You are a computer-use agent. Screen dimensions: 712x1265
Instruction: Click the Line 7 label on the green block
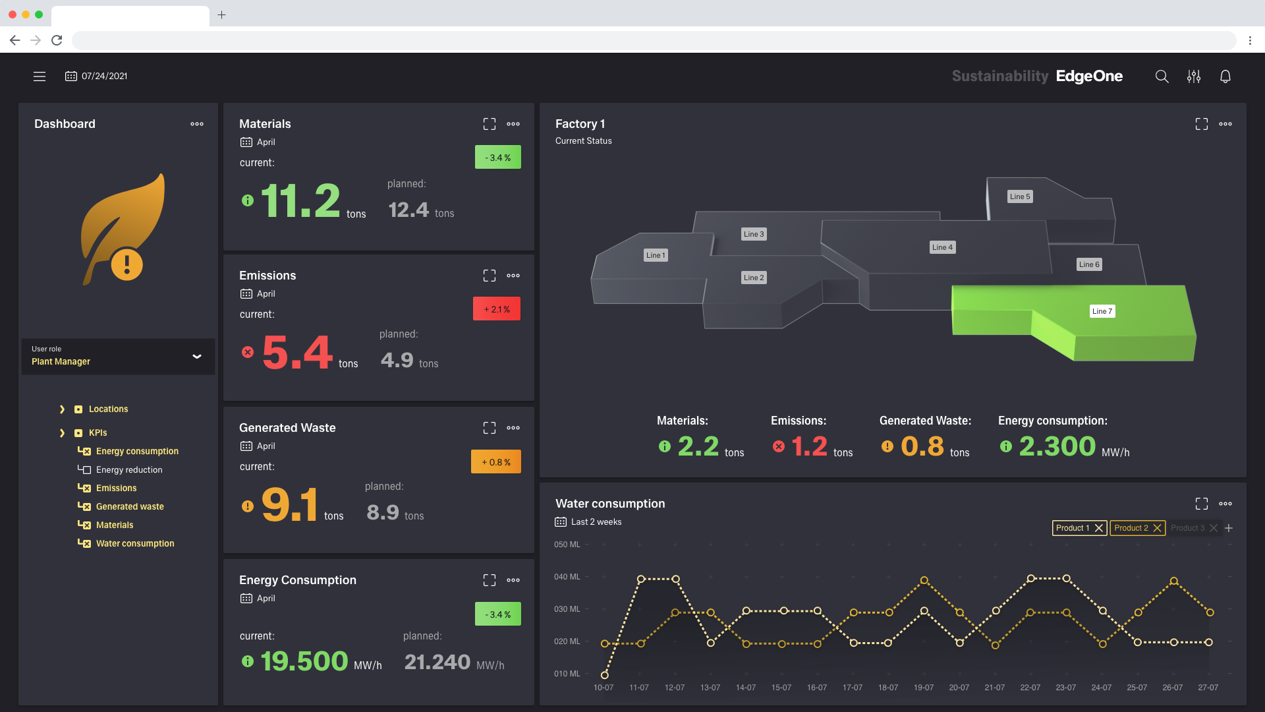(1102, 311)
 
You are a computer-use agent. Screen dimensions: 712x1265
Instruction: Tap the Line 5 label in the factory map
(1019, 196)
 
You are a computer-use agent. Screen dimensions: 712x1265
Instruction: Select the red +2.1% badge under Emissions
(497, 309)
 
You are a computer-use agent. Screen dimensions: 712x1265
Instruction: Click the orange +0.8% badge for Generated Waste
(496, 462)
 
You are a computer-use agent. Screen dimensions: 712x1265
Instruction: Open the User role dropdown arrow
(196, 357)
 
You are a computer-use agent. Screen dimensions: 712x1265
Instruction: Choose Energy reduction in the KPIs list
(129, 470)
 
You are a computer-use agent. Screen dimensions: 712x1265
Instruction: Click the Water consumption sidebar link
(135, 544)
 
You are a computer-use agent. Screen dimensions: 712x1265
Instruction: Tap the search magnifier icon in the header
(1162, 76)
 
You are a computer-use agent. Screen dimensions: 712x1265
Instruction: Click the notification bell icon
(1225, 76)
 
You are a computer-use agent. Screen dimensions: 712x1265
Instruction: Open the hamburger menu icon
(40, 76)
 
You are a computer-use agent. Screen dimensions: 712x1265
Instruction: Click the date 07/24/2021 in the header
(104, 76)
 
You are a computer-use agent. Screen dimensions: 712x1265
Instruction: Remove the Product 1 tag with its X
(1098, 528)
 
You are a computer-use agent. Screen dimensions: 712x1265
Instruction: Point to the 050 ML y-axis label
(567, 545)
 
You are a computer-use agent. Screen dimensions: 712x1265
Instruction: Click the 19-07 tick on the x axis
(923, 688)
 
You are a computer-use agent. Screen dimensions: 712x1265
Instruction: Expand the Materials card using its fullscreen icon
(489, 124)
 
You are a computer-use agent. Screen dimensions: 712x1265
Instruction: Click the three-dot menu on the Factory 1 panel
(1225, 124)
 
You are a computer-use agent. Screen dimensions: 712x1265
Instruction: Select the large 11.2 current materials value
(300, 201)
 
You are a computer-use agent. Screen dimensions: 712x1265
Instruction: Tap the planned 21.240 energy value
(437, 662)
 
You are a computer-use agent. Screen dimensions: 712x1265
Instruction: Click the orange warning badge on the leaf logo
(126, 264)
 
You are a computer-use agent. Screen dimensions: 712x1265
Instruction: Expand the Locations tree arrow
(62, 409)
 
